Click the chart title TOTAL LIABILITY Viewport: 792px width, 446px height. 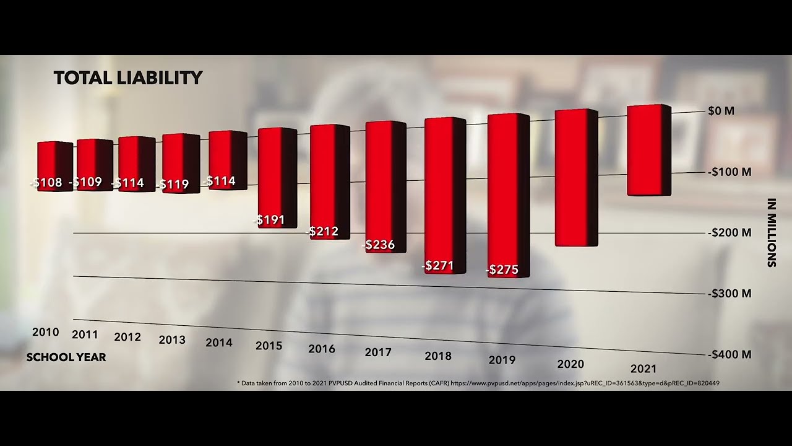pyautogui.click(x=128, y=78)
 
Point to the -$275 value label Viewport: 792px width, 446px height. pyautogui.click(x=502, y=270)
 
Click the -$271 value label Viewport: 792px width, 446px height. pyautogui.click(x=438, y=266)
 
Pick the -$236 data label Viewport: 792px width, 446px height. pyautogui.click(x=379, y=245)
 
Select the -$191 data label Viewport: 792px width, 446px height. pyautogui.click(x=269, y=219)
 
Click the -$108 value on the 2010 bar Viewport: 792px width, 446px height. pyautogui.click(x=46, y=183)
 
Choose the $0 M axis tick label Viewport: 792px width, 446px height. pyautogui.click(x=721, y=111)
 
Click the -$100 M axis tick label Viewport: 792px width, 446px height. pyautogui.click(x=730, y=172)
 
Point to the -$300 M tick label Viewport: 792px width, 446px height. pyautogui.click(x=730, y=294)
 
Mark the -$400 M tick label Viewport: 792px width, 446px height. pyautogui.click(x=730, y=355)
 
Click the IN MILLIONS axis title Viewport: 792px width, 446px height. pyautogui.click(x=772, y=233)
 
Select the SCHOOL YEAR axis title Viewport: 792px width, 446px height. pyautogui.click(x=66, y=357)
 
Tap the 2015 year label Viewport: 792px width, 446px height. pyautogui.click(x=269, y=346)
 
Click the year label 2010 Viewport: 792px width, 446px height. pyautogui.click(x=46, y=332)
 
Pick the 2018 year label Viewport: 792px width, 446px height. pyautogui.click(x=438, y=356)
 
